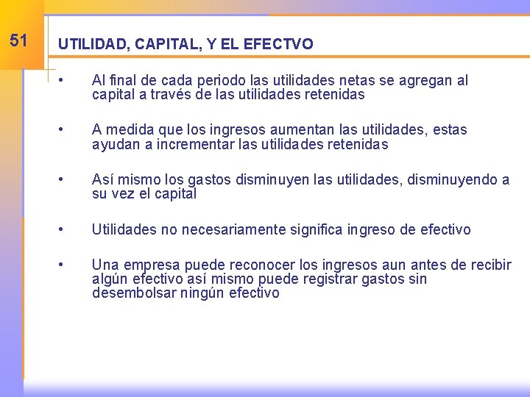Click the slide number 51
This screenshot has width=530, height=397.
19,40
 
